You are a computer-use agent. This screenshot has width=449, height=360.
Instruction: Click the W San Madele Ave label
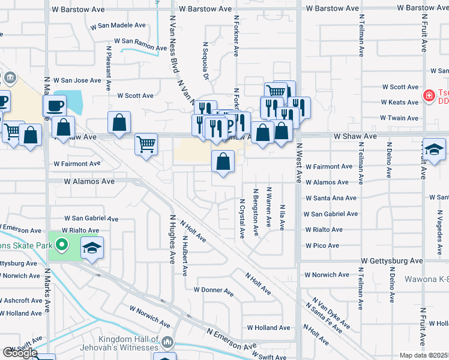click(118, 26)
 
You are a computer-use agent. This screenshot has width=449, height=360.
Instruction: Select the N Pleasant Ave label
click(109, 68)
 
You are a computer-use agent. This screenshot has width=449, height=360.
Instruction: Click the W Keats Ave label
click(399, 103)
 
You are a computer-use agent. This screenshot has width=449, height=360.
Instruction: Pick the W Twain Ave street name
click(399, 118)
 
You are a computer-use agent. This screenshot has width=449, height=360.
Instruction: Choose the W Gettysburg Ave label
click(391, 261)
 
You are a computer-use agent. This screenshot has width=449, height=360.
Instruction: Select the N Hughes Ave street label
click(172, 239)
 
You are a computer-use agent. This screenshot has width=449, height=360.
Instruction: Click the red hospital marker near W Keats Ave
click(429, 95)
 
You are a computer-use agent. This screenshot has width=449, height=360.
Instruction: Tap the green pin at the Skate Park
click(61, 245)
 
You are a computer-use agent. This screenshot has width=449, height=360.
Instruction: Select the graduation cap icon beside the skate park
click(92, 248)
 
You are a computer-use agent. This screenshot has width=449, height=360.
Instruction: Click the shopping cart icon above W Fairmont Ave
click(146, 145)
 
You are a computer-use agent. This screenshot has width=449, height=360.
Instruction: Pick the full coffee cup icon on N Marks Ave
click(53, 106)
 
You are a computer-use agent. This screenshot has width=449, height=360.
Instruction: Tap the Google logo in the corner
click(19, 353)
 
